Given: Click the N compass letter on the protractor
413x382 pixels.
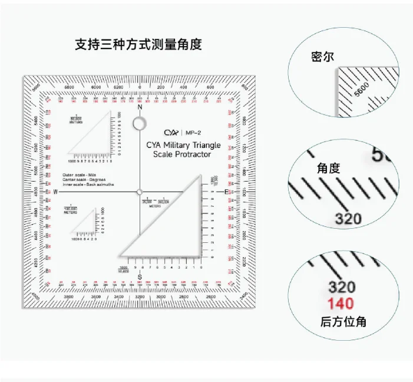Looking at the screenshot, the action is click(x=140, y=108).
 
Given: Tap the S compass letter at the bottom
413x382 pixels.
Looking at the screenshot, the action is click(x=140, y=277).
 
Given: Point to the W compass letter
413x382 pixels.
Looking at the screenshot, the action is click(x=55, y=192).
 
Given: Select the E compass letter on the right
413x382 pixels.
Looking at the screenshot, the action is click(x=226, y=192).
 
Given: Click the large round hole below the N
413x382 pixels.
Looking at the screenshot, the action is click(x=140, y=123).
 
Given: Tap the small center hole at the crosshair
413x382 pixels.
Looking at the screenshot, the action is click(x=140, y=192).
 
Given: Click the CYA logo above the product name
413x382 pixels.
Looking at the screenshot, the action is click(x=171, y=133).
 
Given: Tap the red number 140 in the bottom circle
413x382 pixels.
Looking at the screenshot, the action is click(x=341, y=304).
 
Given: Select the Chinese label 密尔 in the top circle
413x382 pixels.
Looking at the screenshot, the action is click(x=322, y=57).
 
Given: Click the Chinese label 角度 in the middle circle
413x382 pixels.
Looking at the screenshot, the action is click(x=328, y=168).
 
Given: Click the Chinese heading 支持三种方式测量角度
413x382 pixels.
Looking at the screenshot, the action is click(x=138, y=44).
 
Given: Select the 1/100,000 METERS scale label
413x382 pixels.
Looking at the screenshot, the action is click(x=71, y=209).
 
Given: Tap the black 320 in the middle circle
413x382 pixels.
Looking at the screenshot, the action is click(x=349, y=219).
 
